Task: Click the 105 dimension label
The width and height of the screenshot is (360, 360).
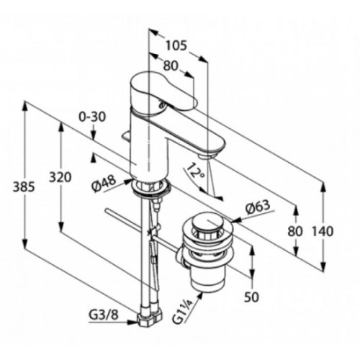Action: (176, 45)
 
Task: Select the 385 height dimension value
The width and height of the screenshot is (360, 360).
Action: (24, 186)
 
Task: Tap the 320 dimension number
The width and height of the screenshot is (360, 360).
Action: (60, 177)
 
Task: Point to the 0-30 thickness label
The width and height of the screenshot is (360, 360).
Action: (92, 117)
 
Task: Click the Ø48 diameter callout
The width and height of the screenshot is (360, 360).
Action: (104, 183)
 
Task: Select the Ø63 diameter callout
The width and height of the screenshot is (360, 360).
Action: (258, 207)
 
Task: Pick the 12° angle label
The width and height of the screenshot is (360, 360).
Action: (196, 171)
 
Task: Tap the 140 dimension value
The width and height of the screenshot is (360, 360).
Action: (323, 231)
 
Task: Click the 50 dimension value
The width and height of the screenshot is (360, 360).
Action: (252, 297)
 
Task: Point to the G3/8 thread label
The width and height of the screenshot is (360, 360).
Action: (104, 315)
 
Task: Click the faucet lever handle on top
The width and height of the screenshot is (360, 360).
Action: (163, 92)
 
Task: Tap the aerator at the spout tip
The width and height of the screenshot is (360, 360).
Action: (207, 156)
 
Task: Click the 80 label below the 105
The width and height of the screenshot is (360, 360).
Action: (171, 66)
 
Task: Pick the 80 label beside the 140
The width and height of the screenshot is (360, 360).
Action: (295, 231)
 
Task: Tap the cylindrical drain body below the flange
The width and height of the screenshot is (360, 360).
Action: (208, 276)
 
